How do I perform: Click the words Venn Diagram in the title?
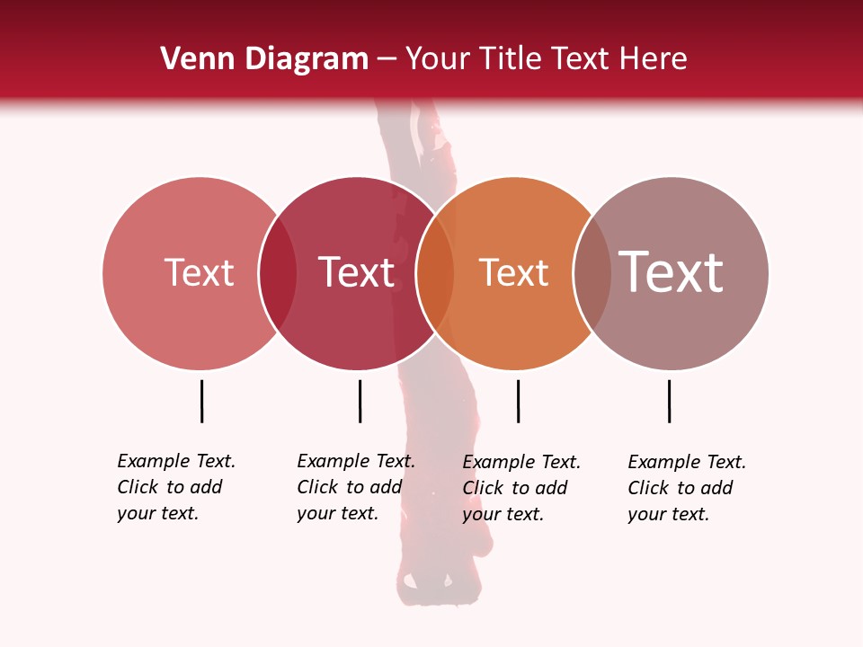click(x=264, y=59)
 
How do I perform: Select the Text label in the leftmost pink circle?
click(x=199, y=272)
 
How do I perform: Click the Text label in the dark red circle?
click(x=357, y=272)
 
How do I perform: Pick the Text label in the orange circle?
click(x=513, y=273)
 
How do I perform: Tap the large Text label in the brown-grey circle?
click(x=672, y=272)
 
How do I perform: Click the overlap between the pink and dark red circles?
click(x=278, y=273)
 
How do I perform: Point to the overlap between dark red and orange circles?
click(x=435, y=273)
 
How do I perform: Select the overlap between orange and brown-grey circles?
click(x=592, y=273)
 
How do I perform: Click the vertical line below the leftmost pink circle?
click(x=201, y=401)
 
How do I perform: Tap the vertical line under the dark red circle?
click(x=360, y=401)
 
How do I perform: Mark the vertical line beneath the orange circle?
click(x=518, y=401)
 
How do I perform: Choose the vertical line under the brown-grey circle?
click(x=669, y=401)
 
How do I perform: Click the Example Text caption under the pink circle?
click(x=176, y=487)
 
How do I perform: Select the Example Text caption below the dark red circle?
click(x=356, y=487)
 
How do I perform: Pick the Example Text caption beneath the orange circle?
click(x=521, y=488)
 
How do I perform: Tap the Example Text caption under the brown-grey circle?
click(x=687, y=488)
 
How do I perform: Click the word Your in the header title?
click(x=439, y=59)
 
